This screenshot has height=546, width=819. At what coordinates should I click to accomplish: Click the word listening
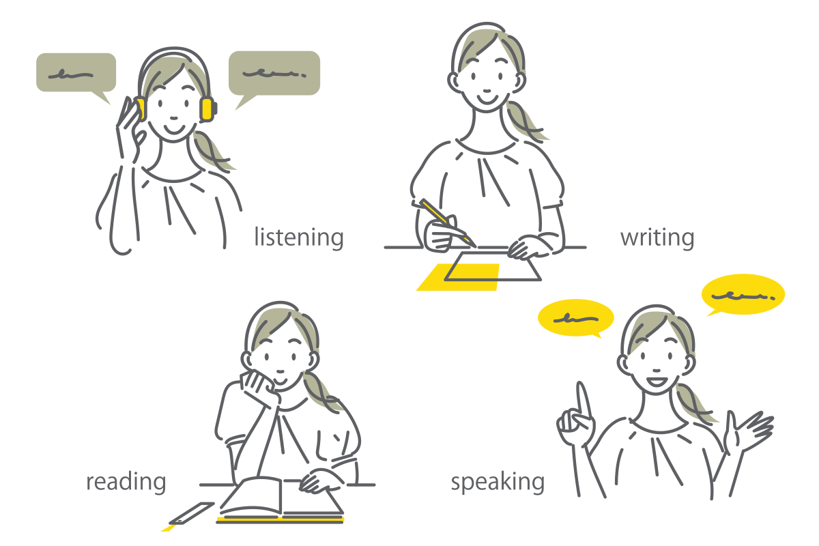tap(299, 238)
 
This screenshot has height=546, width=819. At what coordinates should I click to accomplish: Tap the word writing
tap(657, 238)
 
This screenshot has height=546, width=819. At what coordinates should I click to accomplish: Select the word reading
tap(126, 482)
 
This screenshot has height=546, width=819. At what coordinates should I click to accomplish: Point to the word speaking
tap(498, 482)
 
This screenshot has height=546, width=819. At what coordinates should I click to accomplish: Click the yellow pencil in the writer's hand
tap(448, 222)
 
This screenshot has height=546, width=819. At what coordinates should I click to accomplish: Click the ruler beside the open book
tap(191, 513)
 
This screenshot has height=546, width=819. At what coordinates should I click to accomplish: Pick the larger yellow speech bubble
tap(743, 295)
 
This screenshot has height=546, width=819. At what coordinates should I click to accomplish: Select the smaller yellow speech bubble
tap(575, 318)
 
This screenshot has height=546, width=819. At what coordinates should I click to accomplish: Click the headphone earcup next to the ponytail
tap(207, 109)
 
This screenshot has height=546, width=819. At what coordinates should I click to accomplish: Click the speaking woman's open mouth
tap(657, 382)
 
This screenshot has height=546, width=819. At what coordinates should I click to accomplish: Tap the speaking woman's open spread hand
tap(748, 431)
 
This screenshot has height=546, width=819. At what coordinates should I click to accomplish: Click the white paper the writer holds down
tap(493, 266)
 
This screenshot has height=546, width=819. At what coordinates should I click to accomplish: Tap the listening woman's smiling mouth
tap(174, 129)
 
